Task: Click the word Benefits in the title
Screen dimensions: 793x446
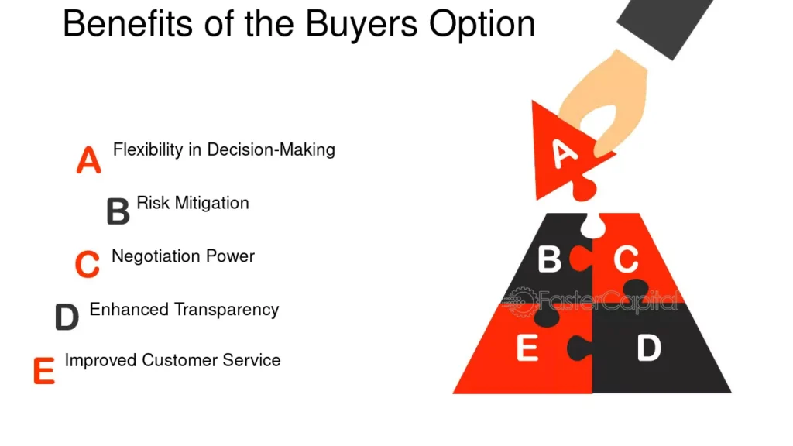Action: pos(128,23)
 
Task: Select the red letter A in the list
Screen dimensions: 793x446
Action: pos(88,160)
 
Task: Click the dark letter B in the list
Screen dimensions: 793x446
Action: pos(118,211)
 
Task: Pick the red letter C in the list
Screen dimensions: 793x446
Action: pos(87,264)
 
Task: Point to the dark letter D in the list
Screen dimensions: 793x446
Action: pos(67,317)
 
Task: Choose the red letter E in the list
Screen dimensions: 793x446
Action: pos(44,371)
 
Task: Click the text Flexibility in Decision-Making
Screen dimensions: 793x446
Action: pos(224,150)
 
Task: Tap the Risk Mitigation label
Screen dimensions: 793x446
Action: pos(193,204)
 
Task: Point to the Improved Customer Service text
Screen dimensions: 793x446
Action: pos(173,360)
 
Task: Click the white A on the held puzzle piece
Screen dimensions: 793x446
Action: pos(564,153)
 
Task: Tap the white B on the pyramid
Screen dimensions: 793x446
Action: pos(549,259)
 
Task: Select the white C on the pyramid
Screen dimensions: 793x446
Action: pos(626,259)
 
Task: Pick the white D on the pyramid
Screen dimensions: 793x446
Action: pos(649,348)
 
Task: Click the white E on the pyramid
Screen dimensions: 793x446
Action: pos(527,348)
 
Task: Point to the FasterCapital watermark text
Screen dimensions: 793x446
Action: pos(609,301)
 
